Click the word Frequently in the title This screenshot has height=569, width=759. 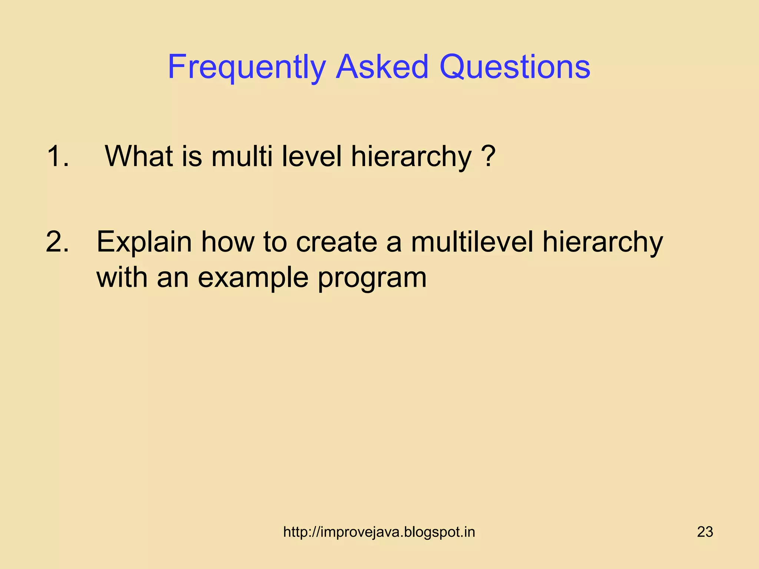(x=246, y=67)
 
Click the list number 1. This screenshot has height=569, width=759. (x=57, y=156)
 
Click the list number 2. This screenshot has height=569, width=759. (x=57, y=242)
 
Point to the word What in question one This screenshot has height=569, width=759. (x=139, y=156)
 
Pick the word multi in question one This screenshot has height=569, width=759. (x=242, y=156)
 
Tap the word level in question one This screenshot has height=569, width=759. (x=312, y=156)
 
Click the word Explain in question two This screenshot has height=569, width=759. (x=144, y=242)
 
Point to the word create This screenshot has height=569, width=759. (x=336, y=242)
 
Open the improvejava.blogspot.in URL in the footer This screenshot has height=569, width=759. (x=379, y=532)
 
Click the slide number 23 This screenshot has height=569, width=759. (x=705, y=532)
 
